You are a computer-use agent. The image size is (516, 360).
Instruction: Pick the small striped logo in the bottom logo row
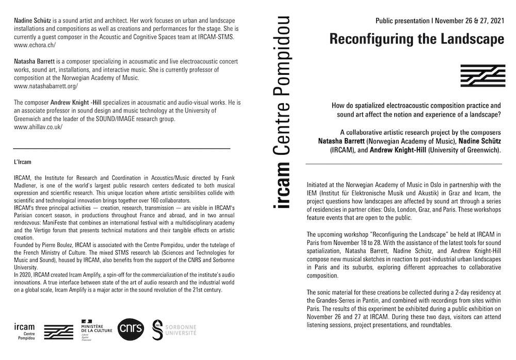(x=58, y=331)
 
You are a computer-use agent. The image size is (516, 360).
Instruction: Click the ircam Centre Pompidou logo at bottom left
(x=25, y=330)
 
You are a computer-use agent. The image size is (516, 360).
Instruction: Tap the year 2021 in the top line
(x=490, y=22)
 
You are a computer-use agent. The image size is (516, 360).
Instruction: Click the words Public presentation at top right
(x=399, y=22)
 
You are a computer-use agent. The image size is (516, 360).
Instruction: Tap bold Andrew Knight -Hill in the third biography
(x=77, y=102)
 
